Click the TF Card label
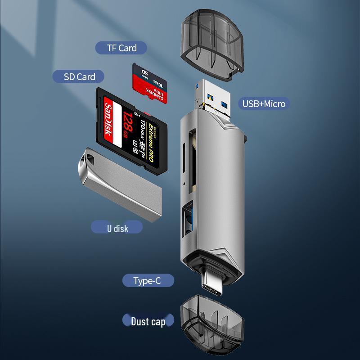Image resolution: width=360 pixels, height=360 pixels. click(121, 48)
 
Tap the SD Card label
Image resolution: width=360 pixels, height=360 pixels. click(80, 76)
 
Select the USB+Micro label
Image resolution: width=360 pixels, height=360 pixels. click(264, 104)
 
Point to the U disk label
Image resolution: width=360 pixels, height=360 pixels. click(117, 228)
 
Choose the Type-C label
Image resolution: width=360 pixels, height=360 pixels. click(147, 281)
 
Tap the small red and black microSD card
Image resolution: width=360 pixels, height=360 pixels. click(150, 83)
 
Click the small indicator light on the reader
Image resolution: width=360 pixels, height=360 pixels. click(185, 184)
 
